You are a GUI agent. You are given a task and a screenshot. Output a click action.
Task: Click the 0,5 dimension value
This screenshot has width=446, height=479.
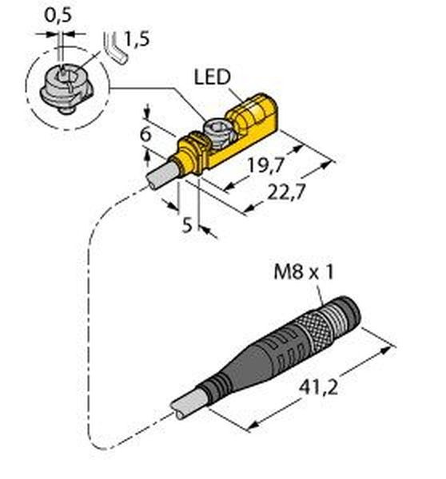pos(58,15)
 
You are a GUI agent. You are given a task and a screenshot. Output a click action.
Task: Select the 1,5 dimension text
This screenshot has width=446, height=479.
pos(137,39)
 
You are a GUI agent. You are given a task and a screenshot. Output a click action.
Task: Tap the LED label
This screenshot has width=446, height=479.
pos(212,77)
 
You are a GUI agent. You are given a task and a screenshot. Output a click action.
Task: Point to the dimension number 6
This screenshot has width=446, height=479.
pos(145,134)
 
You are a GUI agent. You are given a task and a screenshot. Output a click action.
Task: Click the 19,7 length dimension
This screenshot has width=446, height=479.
pos(265,166)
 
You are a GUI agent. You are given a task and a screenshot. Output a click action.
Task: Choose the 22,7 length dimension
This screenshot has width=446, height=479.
pos(286,192)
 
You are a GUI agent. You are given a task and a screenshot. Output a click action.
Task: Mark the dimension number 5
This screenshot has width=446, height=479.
pos(187,225)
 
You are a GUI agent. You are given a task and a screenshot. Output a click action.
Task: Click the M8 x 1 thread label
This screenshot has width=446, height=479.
pos(304,272)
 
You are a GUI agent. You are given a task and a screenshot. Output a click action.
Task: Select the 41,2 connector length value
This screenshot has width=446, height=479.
pos(318,388)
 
